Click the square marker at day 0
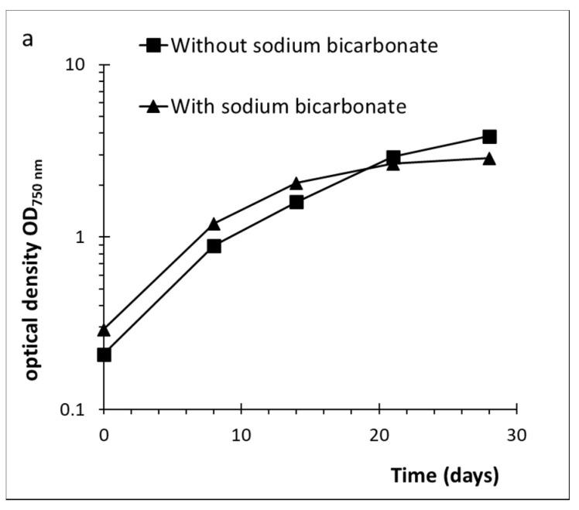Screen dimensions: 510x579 [x=104, y=355]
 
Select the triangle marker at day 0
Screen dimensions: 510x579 [x=104, y=330]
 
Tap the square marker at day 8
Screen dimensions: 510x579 [x=214, y=246]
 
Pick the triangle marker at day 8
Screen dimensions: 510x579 [x=214, y=224]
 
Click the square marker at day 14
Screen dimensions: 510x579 [x=296, y=202]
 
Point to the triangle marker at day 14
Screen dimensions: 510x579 [x=296, y=183]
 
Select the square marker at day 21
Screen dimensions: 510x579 [x=393, y=158]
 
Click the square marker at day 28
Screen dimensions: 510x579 [x=489, y=137]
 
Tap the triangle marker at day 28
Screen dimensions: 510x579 [x=489, y=159]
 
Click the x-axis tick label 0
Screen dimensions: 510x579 [x=104, y=434]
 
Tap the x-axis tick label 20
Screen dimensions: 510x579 [x=379, y=434]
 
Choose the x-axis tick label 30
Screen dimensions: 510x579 [x=516, y=434]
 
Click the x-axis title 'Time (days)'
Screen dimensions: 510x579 [x=444, y=476]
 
